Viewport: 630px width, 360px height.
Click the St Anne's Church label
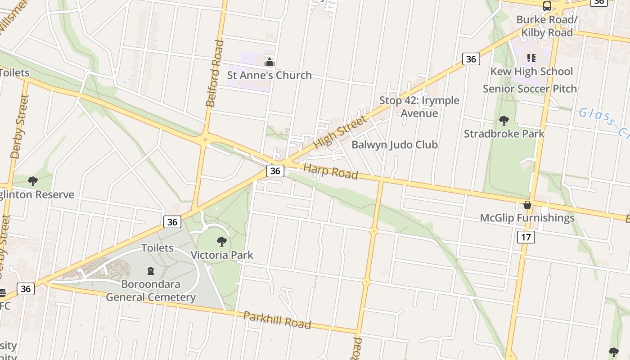tap(269, 75)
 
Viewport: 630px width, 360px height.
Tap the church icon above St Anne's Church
tap(270, 62)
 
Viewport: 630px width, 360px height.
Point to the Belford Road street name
tap(215, 73)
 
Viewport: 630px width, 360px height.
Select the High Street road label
tap(340, 132)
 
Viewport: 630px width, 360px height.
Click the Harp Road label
tap(330, 171)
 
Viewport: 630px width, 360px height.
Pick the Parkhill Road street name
tap(277, 320)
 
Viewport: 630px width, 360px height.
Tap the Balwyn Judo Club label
tap(394, 145)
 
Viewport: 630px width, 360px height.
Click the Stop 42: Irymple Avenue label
tap(419, 107)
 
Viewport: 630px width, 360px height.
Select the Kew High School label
tap(531, 72)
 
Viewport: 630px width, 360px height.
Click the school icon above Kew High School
tap(531, 58)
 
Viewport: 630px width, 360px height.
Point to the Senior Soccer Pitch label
tap(530, 89)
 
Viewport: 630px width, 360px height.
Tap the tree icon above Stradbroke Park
tap(504, 121)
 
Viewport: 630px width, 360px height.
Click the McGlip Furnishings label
tap(527, 218)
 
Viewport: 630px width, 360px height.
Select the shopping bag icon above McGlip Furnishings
tap(527, 205)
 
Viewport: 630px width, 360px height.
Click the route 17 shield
tap(526, 237)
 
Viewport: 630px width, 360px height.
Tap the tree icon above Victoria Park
tap(221, 242)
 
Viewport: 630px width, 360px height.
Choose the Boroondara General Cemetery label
tap(151, 291)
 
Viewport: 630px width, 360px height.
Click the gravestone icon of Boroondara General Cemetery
tap(150, 271)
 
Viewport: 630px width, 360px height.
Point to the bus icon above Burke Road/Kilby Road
tap(547, 6)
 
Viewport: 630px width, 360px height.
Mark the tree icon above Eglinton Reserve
tap(32, 181)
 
